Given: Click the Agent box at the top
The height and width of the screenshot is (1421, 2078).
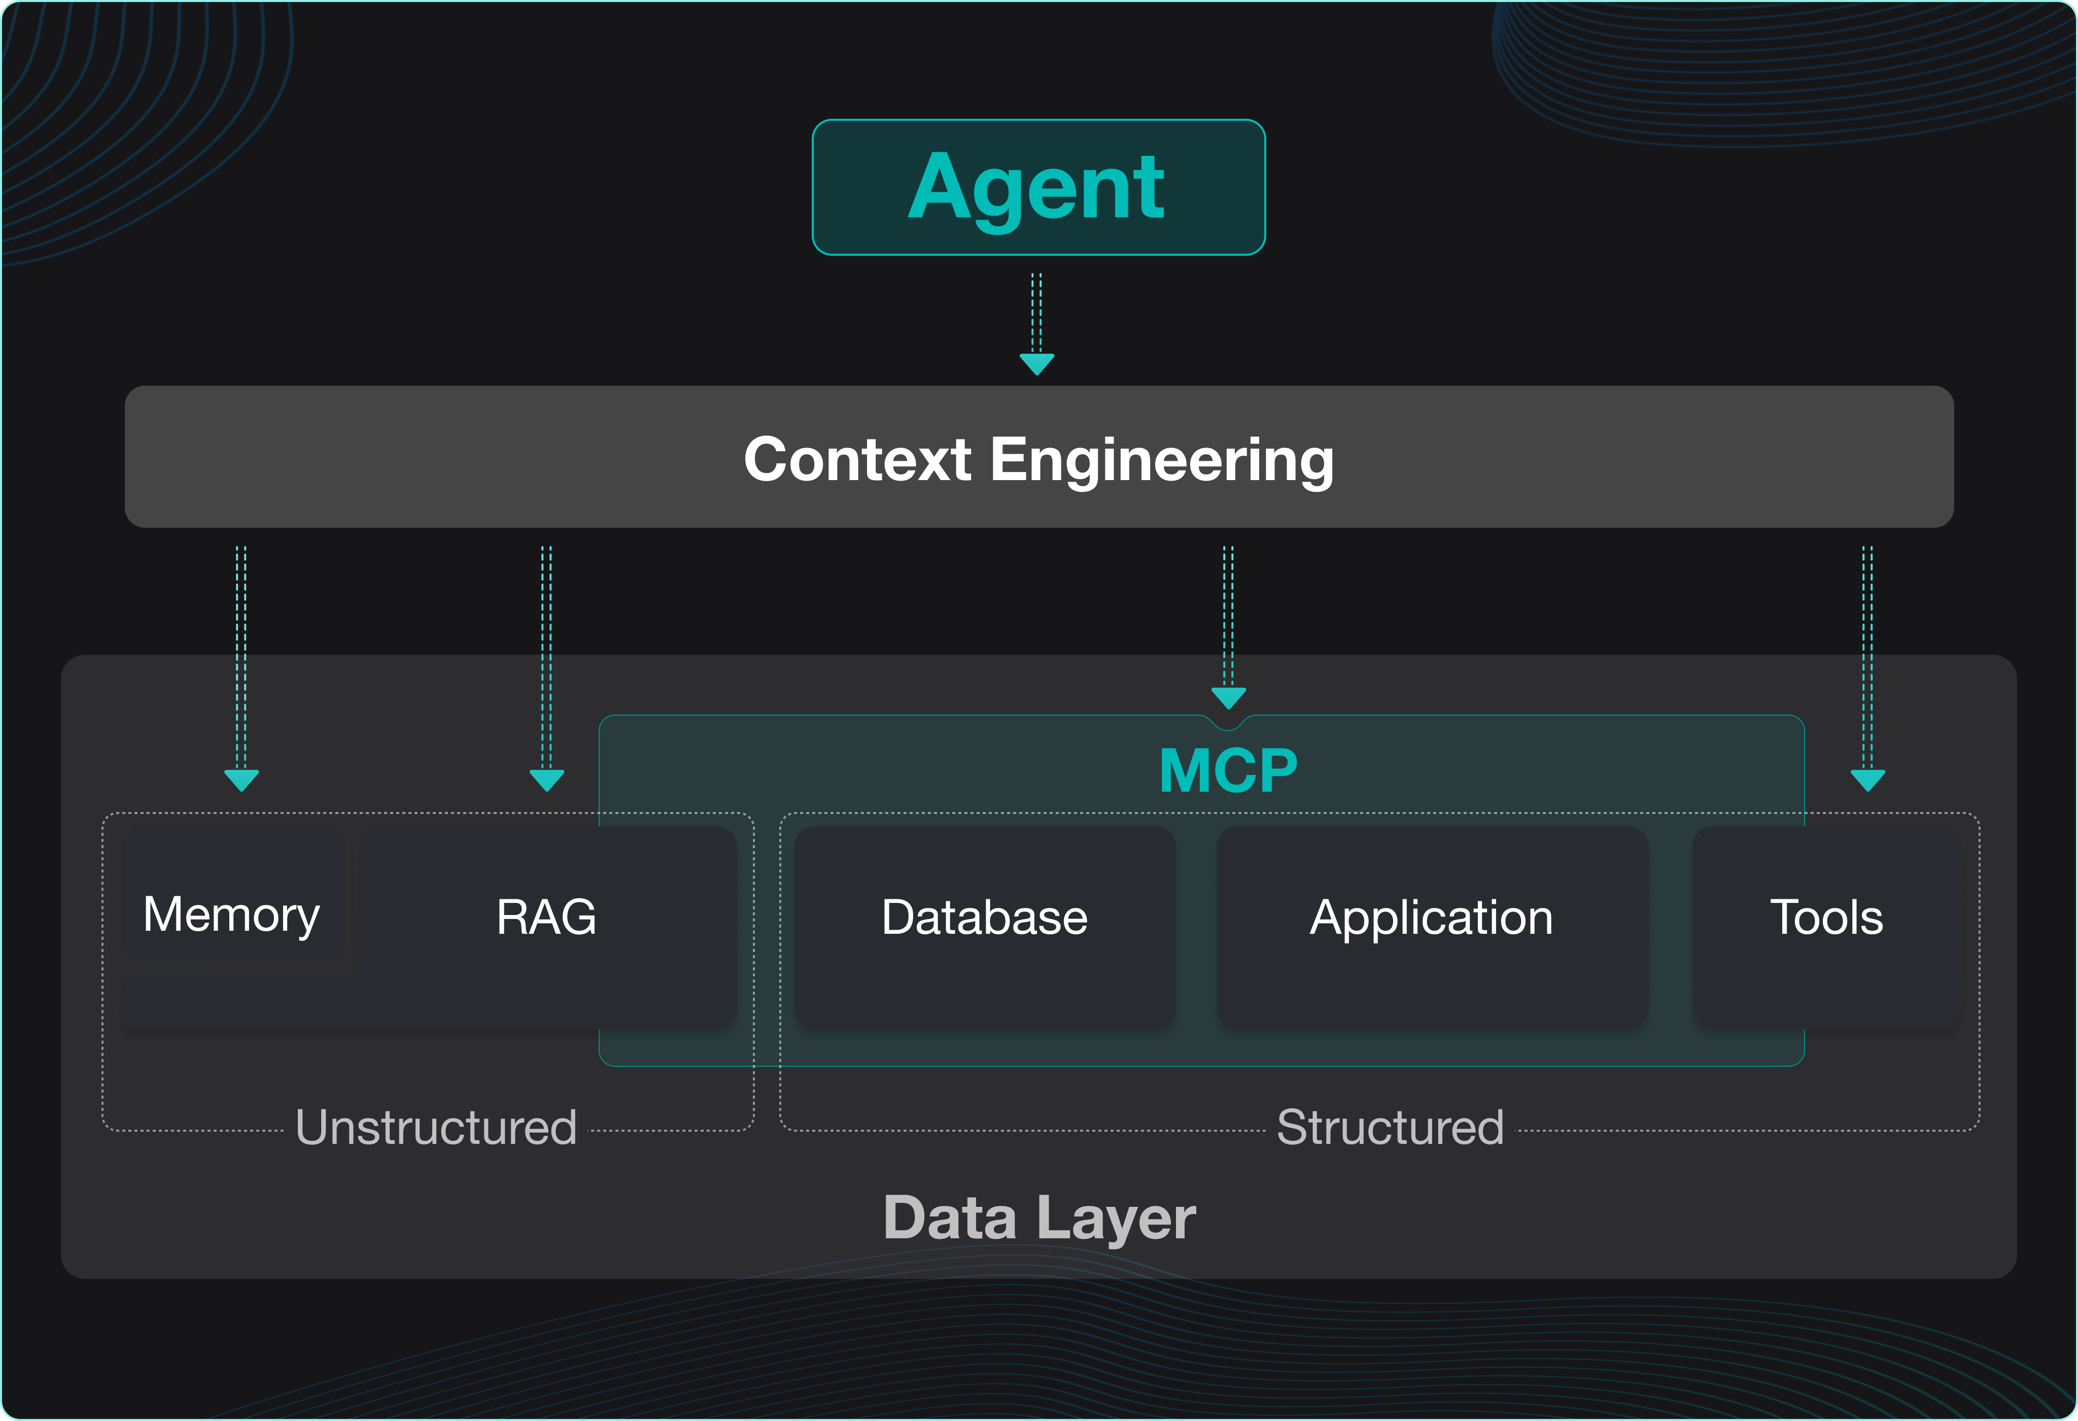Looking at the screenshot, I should tap(1038, 187).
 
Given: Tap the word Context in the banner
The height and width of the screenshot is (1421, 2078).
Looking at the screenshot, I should tap(856, 460).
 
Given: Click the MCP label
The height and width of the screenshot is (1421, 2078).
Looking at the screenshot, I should tap(1228, 771).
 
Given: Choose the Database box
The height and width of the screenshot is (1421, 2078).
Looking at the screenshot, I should tap(984, 919).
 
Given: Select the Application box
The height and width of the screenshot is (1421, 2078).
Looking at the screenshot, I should tap(1432, 919).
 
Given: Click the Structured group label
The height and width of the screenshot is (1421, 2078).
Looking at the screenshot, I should tap(1390, 1127).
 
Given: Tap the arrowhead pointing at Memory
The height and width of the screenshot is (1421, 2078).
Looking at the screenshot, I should tap(241, 779).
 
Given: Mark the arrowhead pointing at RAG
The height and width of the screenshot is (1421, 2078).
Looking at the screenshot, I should tap(546, 779).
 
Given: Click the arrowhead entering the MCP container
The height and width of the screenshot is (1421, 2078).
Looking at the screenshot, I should tap(1229, 697).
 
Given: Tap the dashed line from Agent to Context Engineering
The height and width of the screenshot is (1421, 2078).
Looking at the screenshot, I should tap(1037, 313).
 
